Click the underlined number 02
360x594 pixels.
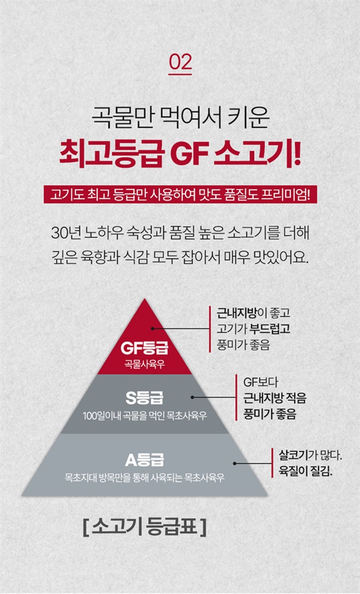pos(180,63)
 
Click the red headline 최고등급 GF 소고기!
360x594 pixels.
pos(180,151)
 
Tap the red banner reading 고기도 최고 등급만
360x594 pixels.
pos(180,194)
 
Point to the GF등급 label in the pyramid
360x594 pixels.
pos(145,347)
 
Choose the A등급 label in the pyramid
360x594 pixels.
pos(145,458)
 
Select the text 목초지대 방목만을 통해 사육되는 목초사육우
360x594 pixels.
pos(145,476)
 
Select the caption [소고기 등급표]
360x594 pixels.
pos(145,527)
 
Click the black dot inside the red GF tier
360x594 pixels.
pos(152,328)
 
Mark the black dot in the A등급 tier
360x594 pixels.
pos(235,464)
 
